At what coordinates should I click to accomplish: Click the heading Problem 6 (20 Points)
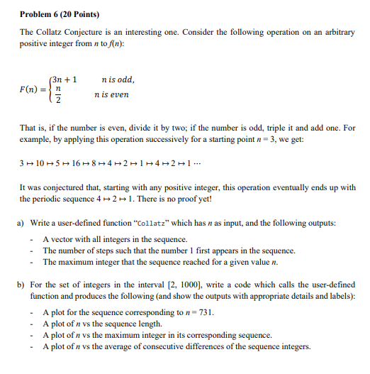tap(60, 14)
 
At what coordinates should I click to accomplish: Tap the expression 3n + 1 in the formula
tap(65, 79)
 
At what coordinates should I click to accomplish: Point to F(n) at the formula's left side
tap(30, 92)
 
